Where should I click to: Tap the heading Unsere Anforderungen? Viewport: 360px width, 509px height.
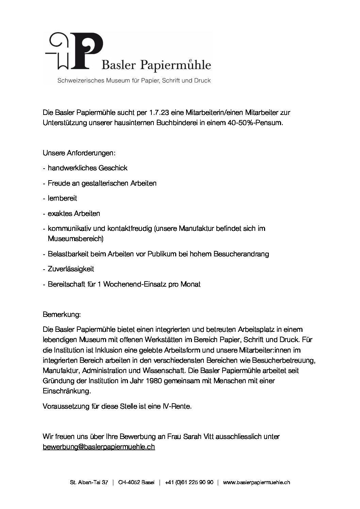point(79,153)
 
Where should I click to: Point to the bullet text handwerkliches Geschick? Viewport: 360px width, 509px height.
point(87,168)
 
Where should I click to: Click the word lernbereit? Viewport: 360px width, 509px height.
point(62,198)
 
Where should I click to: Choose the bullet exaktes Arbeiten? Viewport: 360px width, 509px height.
point(74,214)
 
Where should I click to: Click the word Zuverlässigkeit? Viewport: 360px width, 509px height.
point(71,269)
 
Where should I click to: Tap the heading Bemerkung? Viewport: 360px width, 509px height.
point(62,315)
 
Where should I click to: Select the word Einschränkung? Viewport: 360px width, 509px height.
point(67,391)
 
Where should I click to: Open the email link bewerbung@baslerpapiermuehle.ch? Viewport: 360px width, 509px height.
point(99,447)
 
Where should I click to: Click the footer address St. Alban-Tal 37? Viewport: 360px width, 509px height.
point(89,482)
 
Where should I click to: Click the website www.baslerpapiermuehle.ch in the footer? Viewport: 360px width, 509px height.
point(257,482)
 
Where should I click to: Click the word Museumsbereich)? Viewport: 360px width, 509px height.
point(76,239)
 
